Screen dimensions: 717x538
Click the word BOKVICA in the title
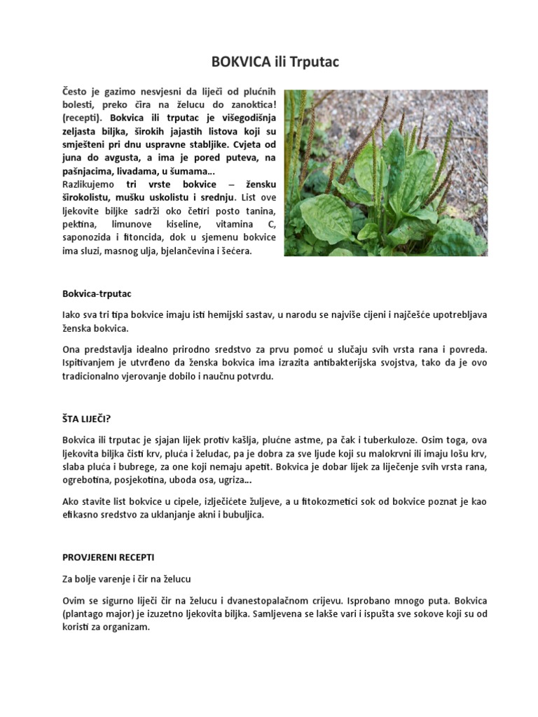(240, 63)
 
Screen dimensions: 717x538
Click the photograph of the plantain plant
(385, 172)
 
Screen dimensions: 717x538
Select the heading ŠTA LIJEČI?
(87, 419)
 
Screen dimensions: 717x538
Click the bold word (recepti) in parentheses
(83, 118)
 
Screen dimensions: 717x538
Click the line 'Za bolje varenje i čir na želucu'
(127, 579)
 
